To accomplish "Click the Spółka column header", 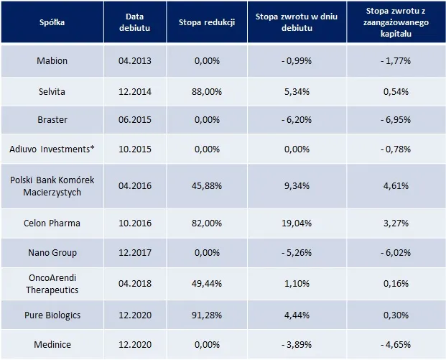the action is (x=52, y=22).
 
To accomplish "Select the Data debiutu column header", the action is (x=135, y=22).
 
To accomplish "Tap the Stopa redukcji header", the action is (x=207, y=22).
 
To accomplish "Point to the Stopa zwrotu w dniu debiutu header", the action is (x=297, y=22).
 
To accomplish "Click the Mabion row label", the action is (x=52, y=60).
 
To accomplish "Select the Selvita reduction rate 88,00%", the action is (x=207, y=92).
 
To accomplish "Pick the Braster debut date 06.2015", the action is (x=135, y=119).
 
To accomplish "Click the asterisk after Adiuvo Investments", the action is (x=92, y=147).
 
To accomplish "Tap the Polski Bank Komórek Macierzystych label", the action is (x=52, y=186).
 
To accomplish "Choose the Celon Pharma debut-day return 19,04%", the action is (x=297, y=223).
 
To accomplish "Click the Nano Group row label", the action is (x=52, y=253).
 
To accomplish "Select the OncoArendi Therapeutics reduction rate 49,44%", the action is (x=207, y=283).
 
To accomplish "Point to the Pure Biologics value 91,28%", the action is (x=207, y=315).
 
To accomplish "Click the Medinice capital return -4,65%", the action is (x=396, y=345).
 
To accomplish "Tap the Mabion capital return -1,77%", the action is (x=396, y=60).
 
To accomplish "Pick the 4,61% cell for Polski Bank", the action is (x=396, y=186).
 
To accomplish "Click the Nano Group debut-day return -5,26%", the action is (x=297, y=253).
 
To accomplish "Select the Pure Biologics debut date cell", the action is (x=135, y=315).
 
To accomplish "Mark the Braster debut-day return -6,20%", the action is (x=297, y=119).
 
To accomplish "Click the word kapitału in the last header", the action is (x=396, y=34).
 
